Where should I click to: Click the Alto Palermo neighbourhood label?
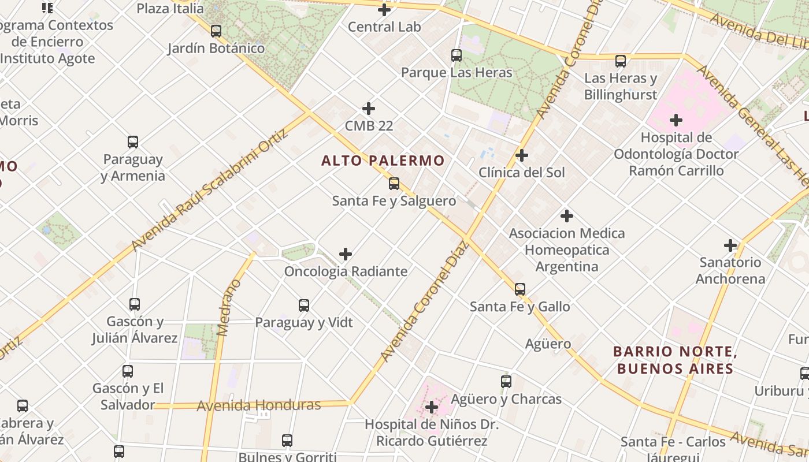click(383, 161)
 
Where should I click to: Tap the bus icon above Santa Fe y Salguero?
click(394, 184)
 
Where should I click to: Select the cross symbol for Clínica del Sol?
click(522, 155)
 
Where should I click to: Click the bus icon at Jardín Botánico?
click(216, 31)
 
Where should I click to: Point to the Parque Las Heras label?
click(457, 72)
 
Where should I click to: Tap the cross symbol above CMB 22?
click(369, 109)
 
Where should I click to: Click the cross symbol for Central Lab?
click(384, 10)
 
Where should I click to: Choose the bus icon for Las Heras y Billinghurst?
click(621, 61)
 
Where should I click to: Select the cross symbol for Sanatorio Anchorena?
click(730, 245)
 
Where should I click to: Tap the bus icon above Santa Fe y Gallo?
click(520, 289)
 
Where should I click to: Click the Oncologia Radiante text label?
click(346, 271)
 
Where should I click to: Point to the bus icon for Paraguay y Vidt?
click(304, 305)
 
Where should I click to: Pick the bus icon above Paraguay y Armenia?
click(133, 142)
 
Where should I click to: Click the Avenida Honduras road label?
click(258, 405)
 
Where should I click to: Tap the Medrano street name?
click(228, 307)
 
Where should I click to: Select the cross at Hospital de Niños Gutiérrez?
click(431, 407)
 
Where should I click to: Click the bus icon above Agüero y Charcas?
click(506, 382)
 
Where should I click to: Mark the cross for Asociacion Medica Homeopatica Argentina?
click(567, 216)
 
